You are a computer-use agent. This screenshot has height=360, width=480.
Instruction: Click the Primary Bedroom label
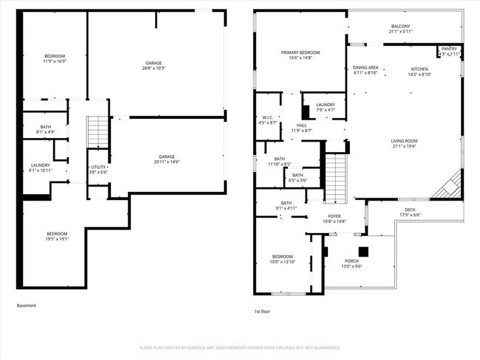pyautogui.click(x=300, y=52)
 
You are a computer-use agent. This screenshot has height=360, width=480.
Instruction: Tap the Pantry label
pyautogui.click(x=449, y=49)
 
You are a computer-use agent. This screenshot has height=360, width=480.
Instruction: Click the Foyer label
pyautogui.click(x=334, y=216)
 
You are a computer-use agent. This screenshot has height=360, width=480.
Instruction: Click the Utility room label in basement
pyautogui.click(x=97, y=167)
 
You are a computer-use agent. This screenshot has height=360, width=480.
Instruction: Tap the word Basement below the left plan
pyautogui.click(x=26, y=305)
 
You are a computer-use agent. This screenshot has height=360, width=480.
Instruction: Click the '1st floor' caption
pyautogui.click(x=261, y=311)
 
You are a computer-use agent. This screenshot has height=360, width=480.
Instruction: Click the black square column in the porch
pyautogui.click(x=363, y=249)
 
